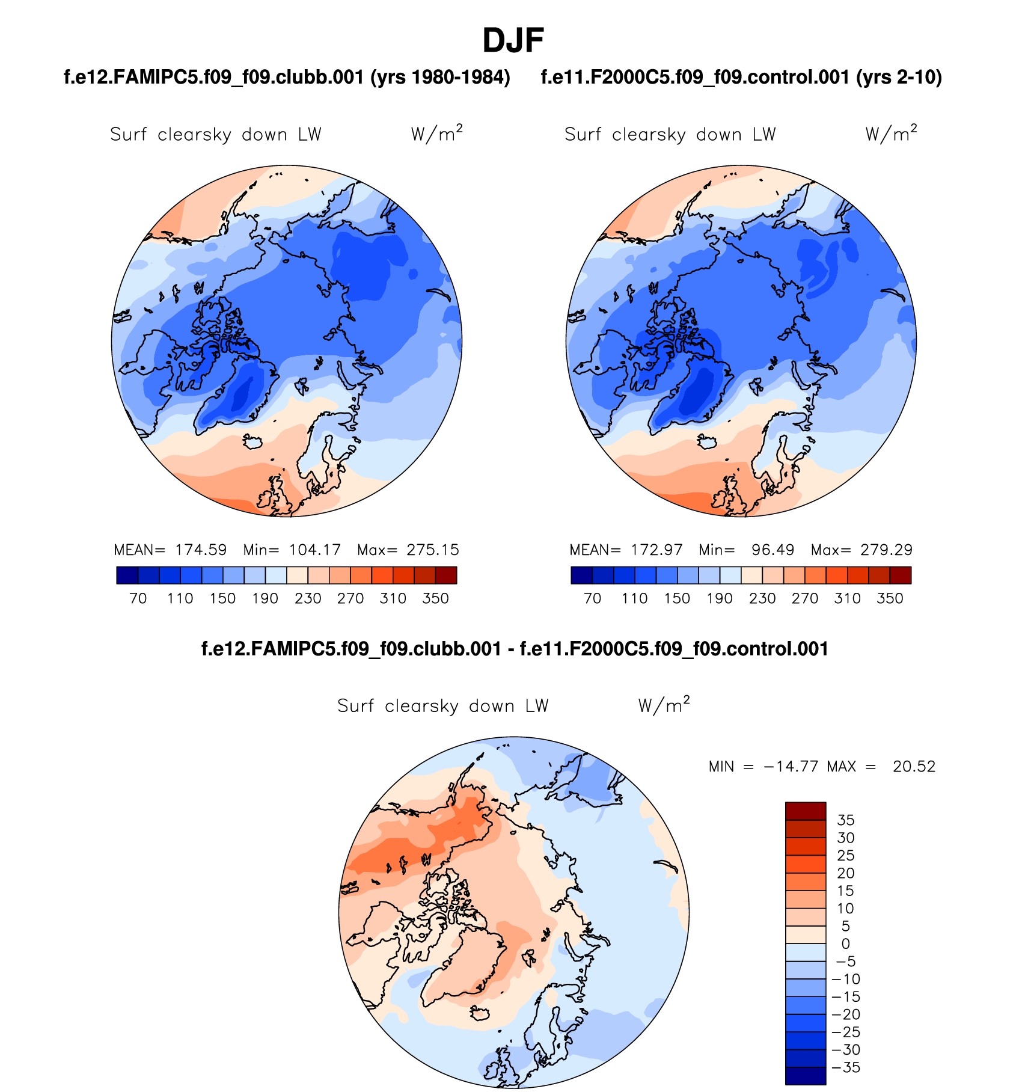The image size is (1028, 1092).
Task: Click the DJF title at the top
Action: coord(513,41)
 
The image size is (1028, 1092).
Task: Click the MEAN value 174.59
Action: coord(201,550)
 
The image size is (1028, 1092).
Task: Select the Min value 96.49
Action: coord(773,550)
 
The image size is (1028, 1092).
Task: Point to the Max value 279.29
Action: coord(886,550)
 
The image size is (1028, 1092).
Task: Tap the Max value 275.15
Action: coord(432,550)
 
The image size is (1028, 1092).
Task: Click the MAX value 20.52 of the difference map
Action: coord(914,766)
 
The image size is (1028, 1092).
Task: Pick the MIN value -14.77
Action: coord(791,766)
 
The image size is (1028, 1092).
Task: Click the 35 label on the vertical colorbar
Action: coord(845,820)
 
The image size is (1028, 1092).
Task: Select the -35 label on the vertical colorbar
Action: coord(846,1067)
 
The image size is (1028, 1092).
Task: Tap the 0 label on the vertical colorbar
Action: coord(845,943)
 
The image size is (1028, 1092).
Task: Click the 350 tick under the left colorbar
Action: coord(435,598)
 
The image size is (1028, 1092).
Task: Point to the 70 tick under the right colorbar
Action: coord(592,598)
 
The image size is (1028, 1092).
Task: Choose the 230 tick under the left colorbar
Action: coord(308,598)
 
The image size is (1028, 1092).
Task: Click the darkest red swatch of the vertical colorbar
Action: coord(805,811)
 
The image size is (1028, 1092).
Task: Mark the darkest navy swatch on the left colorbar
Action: coord(127,575)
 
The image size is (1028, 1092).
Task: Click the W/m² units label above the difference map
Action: coord(664,705)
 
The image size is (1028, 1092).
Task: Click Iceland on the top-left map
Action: coord(253,441)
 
